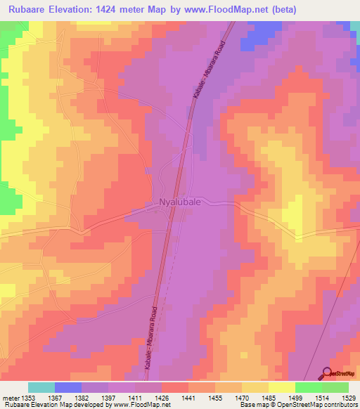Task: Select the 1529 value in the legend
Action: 348,397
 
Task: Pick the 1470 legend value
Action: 241,397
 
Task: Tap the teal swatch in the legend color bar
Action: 41,387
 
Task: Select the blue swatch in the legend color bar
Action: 67,387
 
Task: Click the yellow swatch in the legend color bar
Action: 281,387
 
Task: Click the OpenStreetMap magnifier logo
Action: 328,373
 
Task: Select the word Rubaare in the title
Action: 25,10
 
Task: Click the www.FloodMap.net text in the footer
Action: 141,405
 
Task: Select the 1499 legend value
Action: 295,397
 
